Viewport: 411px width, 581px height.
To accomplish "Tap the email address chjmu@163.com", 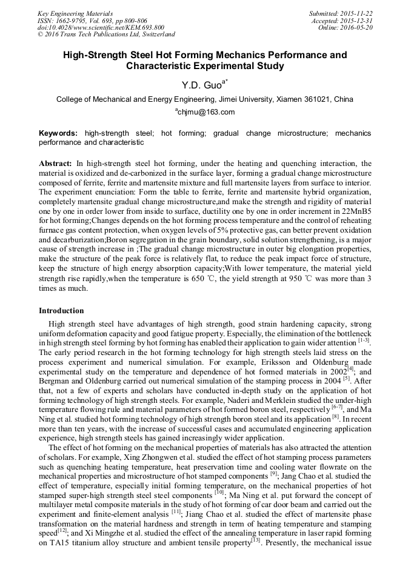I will pos(206,112).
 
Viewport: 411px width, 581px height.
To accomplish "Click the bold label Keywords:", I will pos(58,133).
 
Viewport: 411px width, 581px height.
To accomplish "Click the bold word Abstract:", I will pos(56,164).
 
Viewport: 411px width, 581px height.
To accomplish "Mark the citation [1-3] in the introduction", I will pos(366,342).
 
